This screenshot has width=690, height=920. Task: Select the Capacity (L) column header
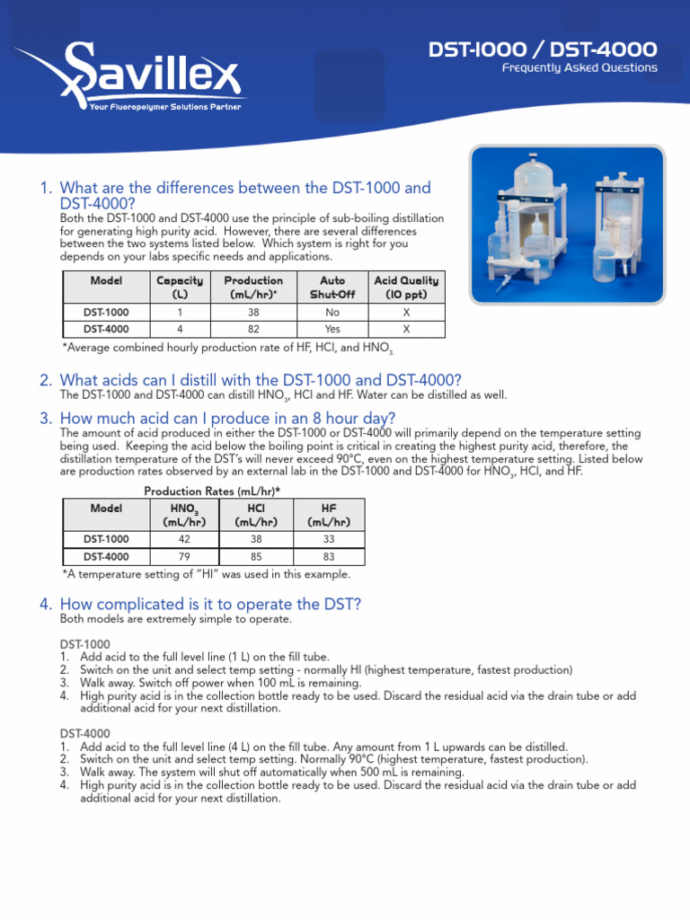[180, 287]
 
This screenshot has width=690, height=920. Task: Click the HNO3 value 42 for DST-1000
[183, 539]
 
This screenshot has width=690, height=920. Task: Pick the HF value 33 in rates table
[328, 539]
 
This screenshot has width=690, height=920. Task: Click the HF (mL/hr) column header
[328, 515]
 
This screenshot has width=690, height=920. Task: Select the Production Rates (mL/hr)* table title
[212, 491]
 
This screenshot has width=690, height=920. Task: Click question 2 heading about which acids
[261, 381]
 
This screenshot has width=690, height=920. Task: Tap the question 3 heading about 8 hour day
[226, 418]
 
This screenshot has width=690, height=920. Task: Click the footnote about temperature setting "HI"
[207, 575]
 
